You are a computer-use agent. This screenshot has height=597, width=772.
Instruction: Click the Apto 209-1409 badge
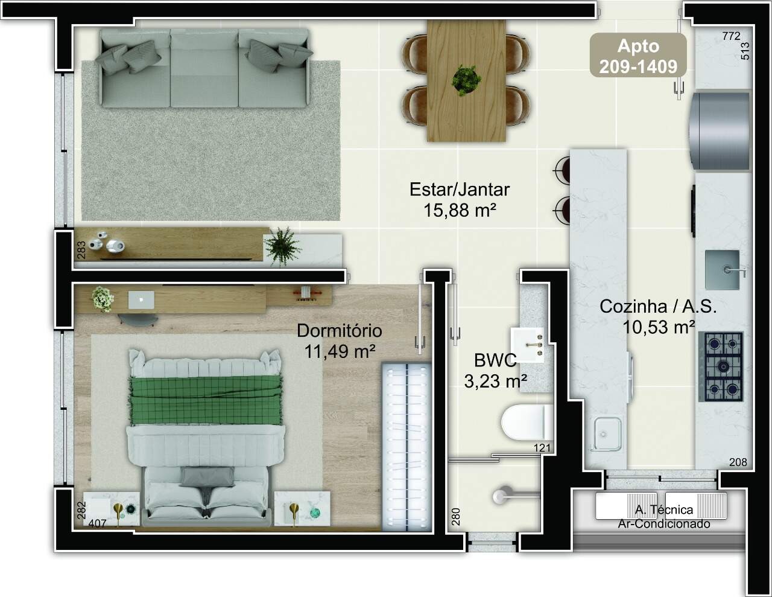coord(638,55)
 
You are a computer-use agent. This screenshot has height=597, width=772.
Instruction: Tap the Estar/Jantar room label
coord(460,190)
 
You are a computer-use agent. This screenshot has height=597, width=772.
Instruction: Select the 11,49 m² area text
coord(340,352)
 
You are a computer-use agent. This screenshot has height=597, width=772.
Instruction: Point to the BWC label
coord(495,360)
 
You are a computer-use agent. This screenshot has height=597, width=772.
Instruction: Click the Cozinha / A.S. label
coord(658,307)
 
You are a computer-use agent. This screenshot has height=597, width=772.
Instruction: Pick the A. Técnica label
coord(663,510)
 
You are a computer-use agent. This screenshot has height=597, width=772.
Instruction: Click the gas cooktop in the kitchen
coord(721,366)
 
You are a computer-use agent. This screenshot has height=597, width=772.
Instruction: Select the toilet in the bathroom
coord(527,423)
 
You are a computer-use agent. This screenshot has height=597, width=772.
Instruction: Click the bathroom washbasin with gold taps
coord(527,345)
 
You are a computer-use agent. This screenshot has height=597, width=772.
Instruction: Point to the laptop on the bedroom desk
coord(141,300)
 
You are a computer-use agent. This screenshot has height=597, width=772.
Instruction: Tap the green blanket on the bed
coord(206,400)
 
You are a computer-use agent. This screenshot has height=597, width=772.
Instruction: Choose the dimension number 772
coord(732,36)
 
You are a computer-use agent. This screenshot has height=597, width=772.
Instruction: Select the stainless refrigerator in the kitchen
coord(719,131)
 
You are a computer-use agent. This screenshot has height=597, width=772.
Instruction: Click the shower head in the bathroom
coord(501,496)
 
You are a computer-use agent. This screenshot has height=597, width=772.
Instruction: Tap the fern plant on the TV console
coord(282,245)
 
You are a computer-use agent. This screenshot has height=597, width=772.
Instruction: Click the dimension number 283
coord(81,250)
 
